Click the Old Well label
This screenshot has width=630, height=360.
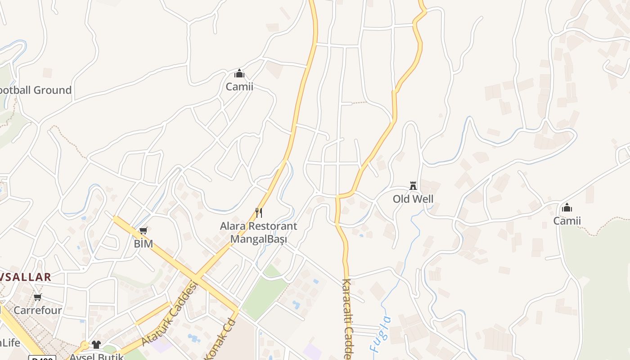(413, 199)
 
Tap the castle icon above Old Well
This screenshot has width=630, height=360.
(413, 185)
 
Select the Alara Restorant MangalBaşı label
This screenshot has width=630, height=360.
(258, 232)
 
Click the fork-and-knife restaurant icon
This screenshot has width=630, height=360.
(259, 213)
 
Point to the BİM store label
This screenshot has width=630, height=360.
(143, 244)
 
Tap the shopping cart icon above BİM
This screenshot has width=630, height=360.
(143, 231)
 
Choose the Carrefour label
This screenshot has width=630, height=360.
(37, 310)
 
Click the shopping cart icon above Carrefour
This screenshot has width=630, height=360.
(38, 297)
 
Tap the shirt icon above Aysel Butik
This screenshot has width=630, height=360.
(96, 345)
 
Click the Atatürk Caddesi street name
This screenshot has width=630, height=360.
(170, 313)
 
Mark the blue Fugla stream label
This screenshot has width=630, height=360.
(379, 334)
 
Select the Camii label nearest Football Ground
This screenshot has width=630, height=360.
(239, 86)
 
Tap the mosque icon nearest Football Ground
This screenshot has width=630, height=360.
(239, 73)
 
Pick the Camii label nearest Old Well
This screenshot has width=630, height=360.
(567, 220)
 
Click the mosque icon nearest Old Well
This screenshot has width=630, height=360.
(567, 207)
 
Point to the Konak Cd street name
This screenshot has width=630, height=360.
(220, 340)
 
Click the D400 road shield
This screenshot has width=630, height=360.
(42, 358)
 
